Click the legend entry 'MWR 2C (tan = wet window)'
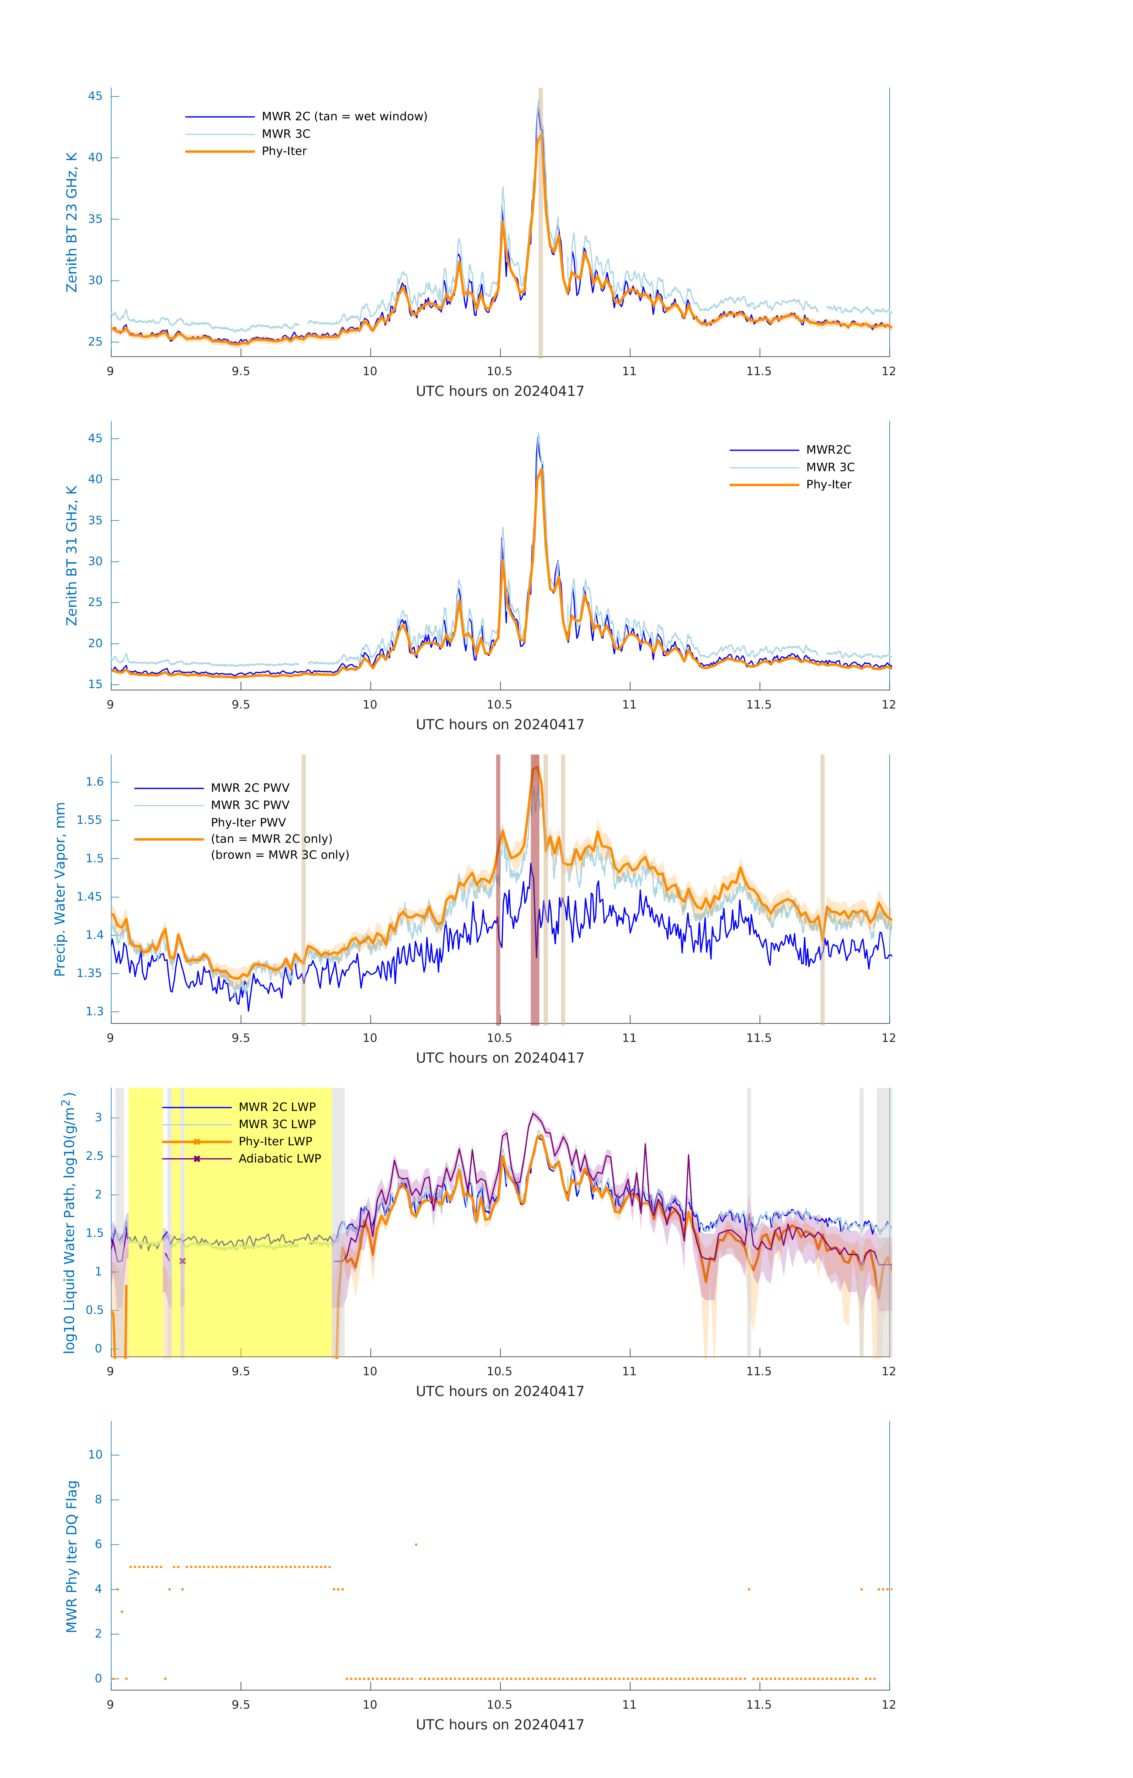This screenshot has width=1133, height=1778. (344, 117)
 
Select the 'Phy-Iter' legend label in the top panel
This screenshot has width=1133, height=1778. (284, 151)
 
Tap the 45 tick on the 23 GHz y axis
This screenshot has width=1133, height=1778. (95, 96)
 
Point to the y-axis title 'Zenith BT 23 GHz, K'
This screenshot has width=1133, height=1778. (72, 222)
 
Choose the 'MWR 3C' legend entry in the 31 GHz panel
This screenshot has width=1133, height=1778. (830, 467)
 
